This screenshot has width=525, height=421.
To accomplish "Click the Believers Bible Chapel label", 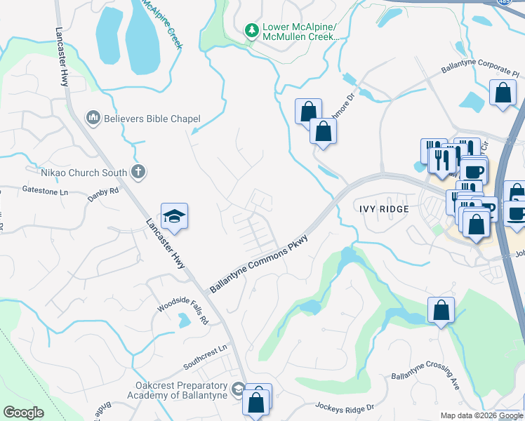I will point(152,119).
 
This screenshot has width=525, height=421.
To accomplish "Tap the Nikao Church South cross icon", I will point(139,172).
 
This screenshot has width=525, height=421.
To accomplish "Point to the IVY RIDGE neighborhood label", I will point(384,209).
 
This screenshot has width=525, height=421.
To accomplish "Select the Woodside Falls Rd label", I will point(183,309).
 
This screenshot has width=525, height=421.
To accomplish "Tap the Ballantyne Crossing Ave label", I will point(425,380).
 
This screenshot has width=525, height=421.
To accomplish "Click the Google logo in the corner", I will point(23,413).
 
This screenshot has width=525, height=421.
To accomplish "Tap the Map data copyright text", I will point(481,415).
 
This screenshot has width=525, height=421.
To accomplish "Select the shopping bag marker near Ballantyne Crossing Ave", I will point(441,309).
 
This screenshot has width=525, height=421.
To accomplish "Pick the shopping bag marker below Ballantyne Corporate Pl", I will point(503,93).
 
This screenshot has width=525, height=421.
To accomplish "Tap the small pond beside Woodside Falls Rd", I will point(184,321).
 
